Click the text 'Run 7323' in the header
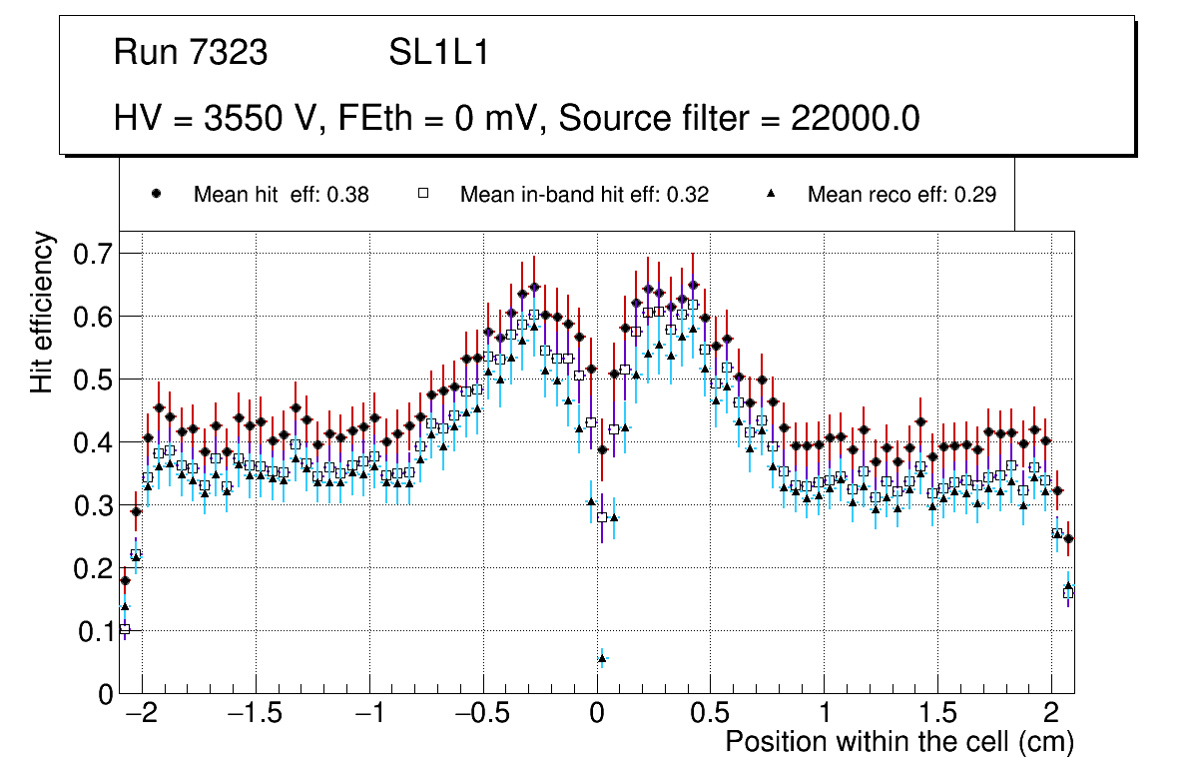coord(191,53)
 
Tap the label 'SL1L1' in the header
coord(438,53)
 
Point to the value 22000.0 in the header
coord(856,119)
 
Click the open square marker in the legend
coord(422,194)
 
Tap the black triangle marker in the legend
coord(772,194)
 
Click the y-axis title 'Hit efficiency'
coord(43,312)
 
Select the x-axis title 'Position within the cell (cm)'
coord(898,742)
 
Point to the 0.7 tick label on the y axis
coord(95,254)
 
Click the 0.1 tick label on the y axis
coord(95,631)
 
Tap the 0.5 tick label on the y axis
coord(95,380)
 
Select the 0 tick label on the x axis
coord(597,715)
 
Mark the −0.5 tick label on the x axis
coord(483,715)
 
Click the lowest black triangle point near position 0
coord(602,658)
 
